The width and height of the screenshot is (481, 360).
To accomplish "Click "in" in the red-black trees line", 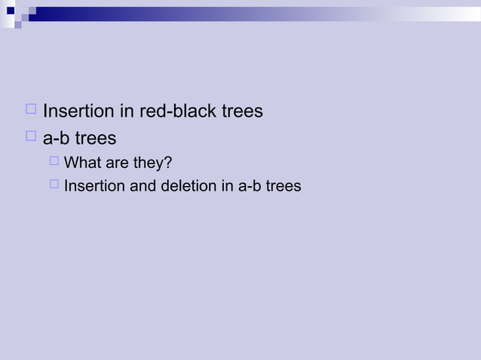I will coord(127,111).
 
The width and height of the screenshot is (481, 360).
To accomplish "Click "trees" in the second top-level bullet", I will coord(95,139).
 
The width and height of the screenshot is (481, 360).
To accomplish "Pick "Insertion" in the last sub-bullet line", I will coord(95,186).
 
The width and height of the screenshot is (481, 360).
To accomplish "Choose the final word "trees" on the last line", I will coord(284,186).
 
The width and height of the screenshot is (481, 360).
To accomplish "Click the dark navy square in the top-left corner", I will coord(11,11).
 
